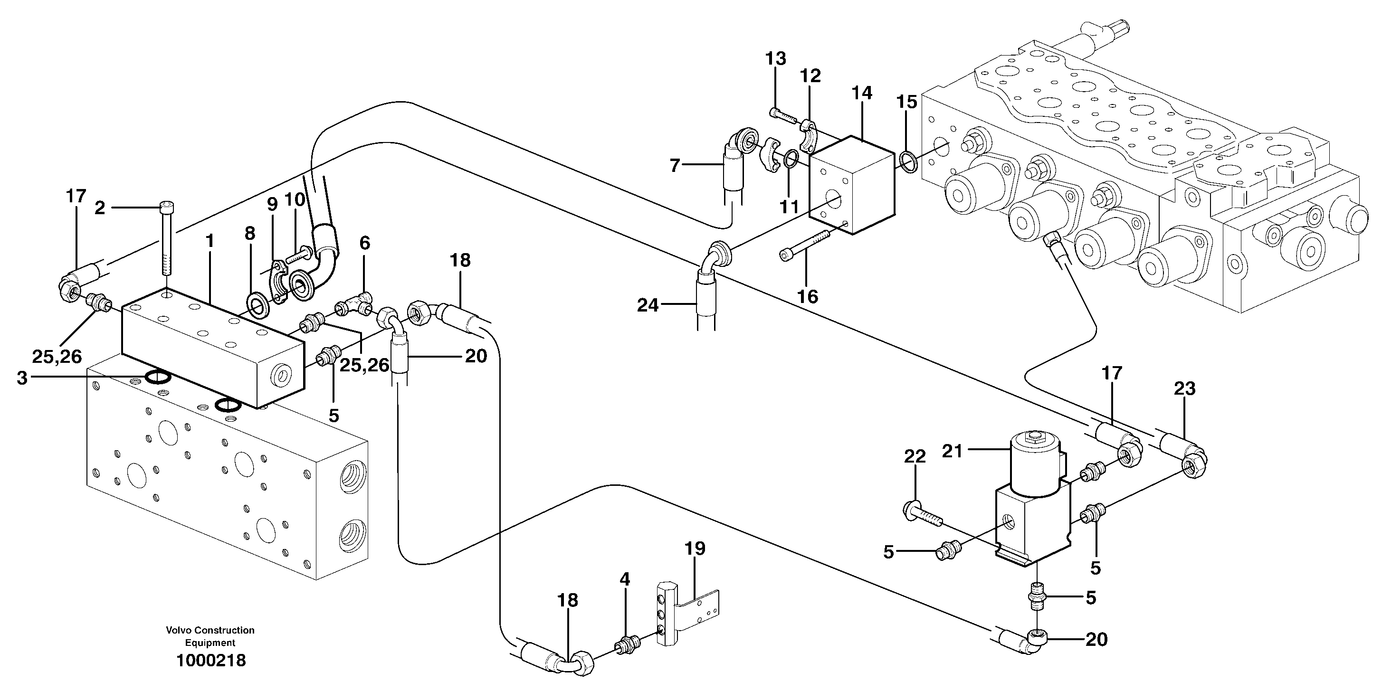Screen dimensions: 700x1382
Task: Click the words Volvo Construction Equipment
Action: click(210, 636)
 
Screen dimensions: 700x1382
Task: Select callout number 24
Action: click(648, 305)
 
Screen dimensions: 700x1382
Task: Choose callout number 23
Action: click(1184, 388)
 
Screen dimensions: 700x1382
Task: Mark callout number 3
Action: click(21, 378)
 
